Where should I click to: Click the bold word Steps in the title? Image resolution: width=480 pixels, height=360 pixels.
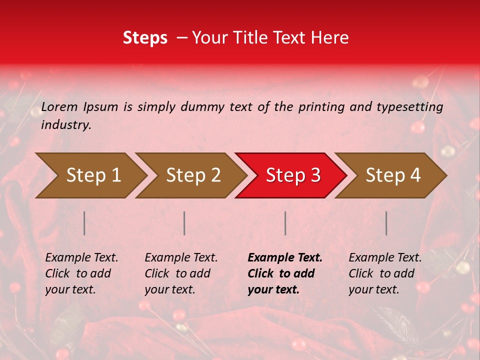pos(145,38)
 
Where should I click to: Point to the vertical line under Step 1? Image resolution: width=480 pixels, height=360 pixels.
pos(84,223)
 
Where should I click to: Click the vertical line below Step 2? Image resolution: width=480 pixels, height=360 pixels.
pos(184,223)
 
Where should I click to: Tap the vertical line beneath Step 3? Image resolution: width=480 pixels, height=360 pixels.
pos(285,223)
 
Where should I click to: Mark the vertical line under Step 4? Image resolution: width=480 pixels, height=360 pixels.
pos(386,223)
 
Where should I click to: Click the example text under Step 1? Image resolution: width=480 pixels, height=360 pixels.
pos(81,273)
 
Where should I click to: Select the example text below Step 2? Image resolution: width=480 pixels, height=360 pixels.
pos(181,273)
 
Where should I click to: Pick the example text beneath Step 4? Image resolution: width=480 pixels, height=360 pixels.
pos(385,273)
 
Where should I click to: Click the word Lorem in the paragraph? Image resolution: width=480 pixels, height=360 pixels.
pos(59,106)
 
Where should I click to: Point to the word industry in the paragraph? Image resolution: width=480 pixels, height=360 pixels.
pos(66,125)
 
